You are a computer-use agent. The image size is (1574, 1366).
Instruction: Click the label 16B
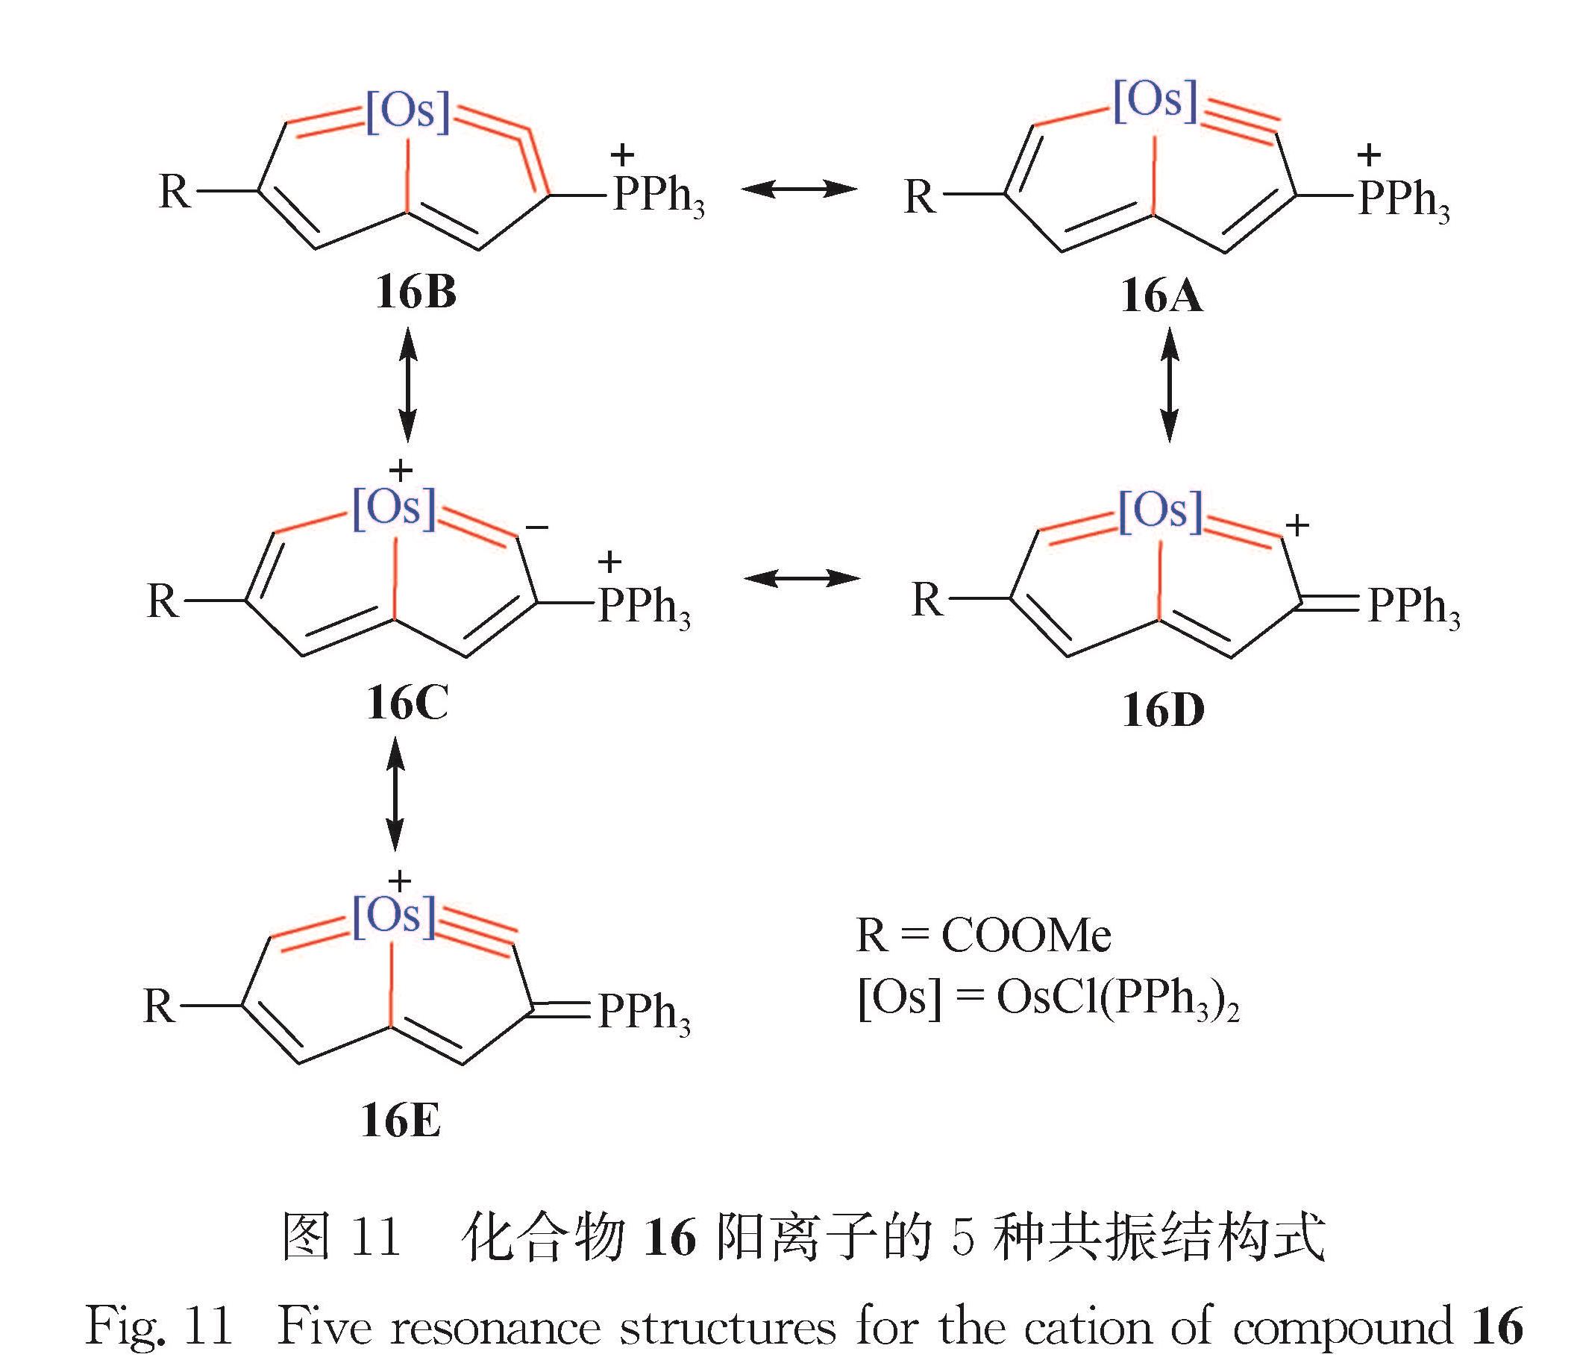tap(416, 293)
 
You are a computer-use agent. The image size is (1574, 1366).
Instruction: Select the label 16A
tap(1161, 296)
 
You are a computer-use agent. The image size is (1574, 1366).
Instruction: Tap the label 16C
tap(407, 703)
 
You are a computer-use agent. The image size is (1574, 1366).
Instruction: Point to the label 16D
tap(1163, 710)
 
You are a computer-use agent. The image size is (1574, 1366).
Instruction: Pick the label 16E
tap(401, 1121)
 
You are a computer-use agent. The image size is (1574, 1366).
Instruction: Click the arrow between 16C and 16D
tap(802, 580)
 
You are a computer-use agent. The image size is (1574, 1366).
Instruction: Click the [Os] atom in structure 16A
tap(1156, 101)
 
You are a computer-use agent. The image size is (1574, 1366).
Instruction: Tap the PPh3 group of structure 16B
tap(659, 196)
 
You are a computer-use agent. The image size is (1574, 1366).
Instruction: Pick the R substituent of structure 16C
tap(163, 601)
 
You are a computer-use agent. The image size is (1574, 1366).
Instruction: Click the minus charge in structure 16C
tap(536, 526)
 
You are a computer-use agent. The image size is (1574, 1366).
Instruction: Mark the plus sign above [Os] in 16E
tap(399, 881)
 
